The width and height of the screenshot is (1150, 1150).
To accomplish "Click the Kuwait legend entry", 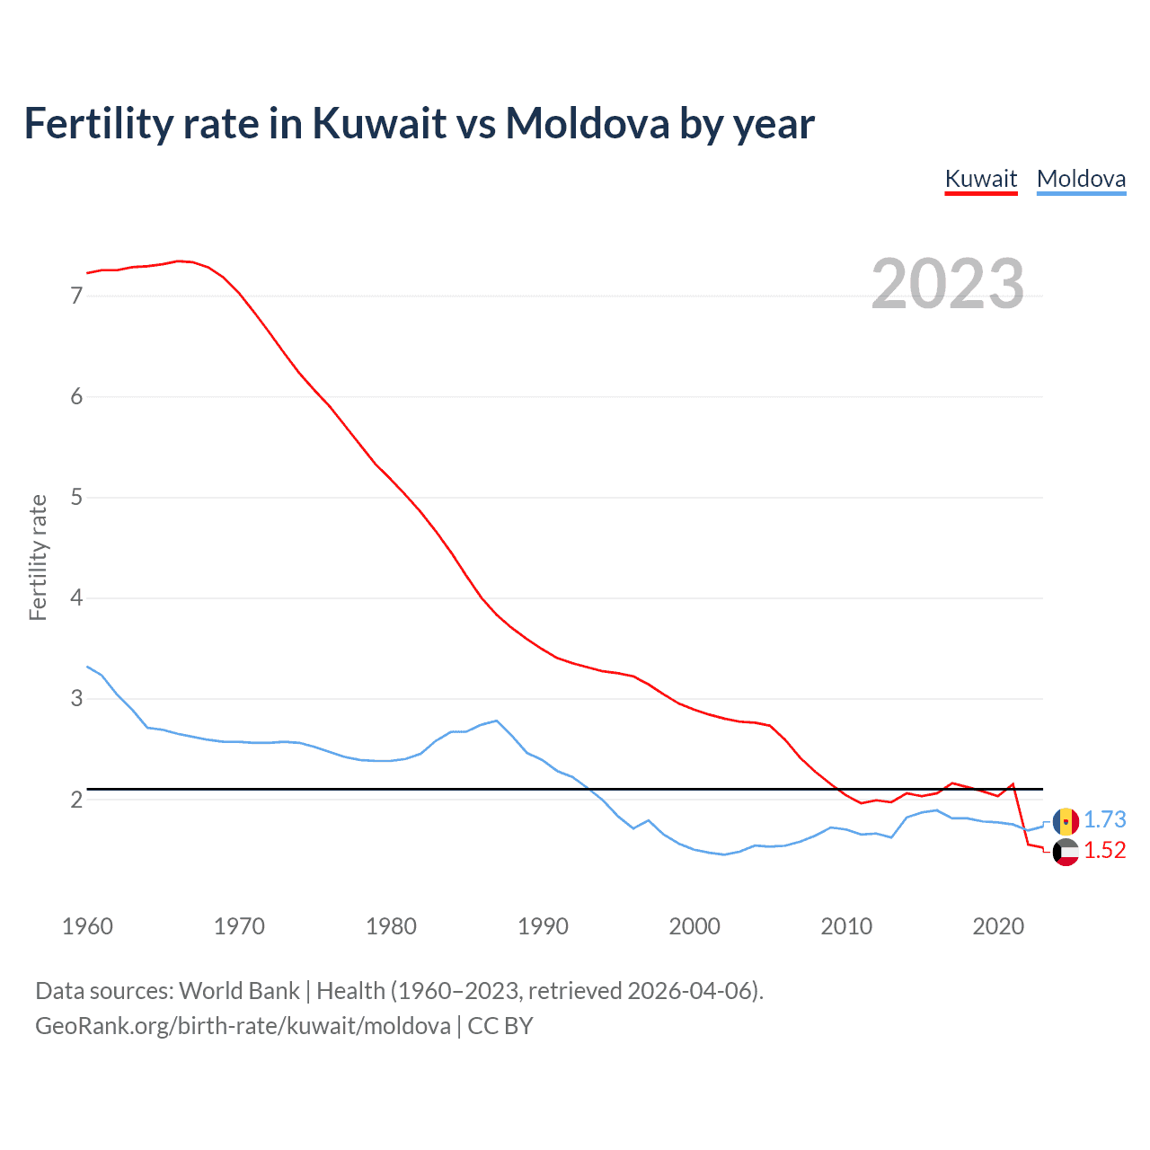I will click(980, 179).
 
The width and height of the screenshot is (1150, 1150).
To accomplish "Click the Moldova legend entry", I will click(1081, 179).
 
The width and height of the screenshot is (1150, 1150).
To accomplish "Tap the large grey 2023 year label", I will click(947, 284).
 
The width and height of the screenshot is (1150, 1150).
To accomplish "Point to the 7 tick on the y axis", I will click(76, 296).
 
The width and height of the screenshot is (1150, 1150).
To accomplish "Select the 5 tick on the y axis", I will click(76, 497).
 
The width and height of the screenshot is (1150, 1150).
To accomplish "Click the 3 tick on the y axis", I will click(76, 698).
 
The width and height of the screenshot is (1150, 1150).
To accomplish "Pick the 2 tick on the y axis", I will click(76, 799).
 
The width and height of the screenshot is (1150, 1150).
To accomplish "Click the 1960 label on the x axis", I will click(87, 926).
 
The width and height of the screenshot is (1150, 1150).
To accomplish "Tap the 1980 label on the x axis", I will click(391, 926).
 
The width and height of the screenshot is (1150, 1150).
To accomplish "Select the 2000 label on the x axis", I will click(694, 926).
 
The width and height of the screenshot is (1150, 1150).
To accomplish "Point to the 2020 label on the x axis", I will click(998, 926).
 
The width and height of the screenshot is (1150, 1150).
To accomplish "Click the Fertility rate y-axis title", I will click(38, 557).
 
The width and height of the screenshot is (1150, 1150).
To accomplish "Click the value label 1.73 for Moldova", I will click(1104, 819).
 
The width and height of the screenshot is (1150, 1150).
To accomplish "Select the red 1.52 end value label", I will click(1104, 850).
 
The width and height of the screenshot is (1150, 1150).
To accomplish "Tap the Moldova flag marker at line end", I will click(1066, 821).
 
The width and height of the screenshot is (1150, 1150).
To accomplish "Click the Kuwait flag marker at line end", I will click(1066, 852).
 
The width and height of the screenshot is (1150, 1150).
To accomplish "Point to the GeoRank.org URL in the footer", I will click(243, 1025).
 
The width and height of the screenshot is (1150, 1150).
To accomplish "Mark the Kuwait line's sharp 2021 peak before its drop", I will click(1013, 784).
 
